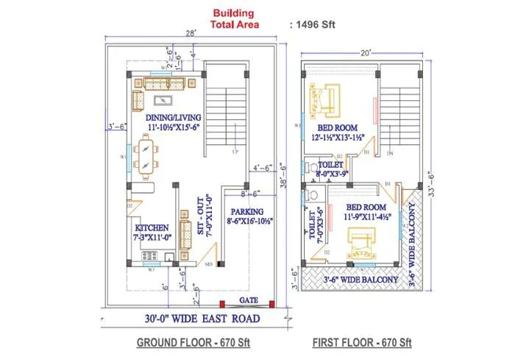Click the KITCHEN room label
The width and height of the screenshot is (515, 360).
point(151,233)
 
